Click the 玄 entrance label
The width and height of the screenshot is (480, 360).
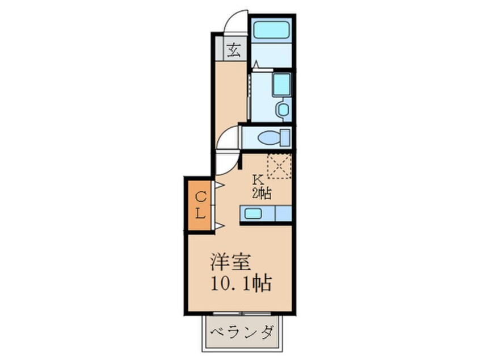pos(234,50)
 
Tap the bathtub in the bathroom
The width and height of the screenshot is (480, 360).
pos(271,30)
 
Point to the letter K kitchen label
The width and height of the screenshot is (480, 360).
pos(258,179)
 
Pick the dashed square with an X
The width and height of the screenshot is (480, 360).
pos(279,166)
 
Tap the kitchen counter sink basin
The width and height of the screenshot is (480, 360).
pos(253,214)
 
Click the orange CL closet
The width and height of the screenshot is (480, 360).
pos(199,206)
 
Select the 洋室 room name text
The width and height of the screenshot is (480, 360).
pos(231,262)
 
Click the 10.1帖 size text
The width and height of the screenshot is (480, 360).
pos(241,284)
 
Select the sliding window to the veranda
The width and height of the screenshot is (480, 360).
pos(242,313)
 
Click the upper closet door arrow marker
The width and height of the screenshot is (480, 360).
pos(220,185)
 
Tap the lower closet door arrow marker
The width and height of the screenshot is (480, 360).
pos(220,226)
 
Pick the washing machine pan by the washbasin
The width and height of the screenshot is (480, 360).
pos(281,85)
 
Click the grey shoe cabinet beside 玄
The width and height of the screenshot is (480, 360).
pos(219,49)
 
